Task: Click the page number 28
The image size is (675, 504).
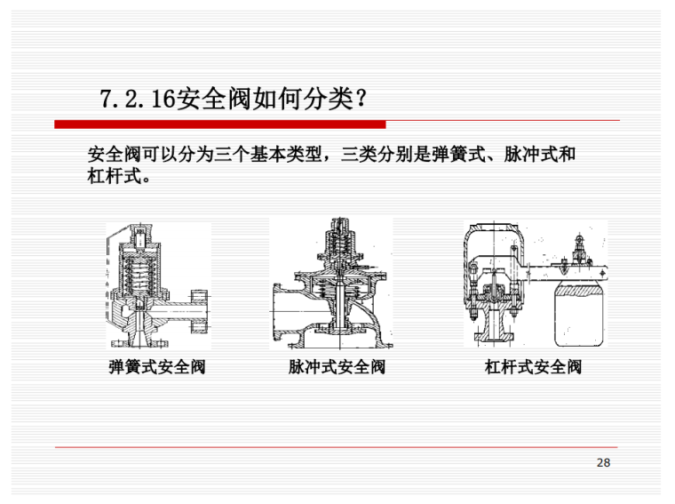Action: pyautogui.click(x=603, y=462)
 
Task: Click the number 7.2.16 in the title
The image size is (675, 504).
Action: pyautogui.click(x=138, y=99)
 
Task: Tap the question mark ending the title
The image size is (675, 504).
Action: pyautogui.click(x=361, y=99)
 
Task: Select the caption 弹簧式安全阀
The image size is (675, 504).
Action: pyautogui.click(x=157, y=367)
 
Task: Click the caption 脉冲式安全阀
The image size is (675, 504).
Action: pyautogui.click(x=337, y=367)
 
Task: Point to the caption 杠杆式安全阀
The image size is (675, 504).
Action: pyautogui.click(x=533, y=367)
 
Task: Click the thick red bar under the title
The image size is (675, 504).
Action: pyautogui.click(x=220, y=124)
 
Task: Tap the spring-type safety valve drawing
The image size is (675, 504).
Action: pyautogui.click(x=158, y=286)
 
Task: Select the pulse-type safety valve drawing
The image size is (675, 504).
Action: pyautogui.click(x=331, y=284)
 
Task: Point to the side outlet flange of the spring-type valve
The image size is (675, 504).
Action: pyautogui.click(x=199, y=311)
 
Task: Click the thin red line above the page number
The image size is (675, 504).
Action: pyautogui.click(x=337, y=448)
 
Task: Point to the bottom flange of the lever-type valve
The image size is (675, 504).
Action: pyautogui.click(x=493, y=337)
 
